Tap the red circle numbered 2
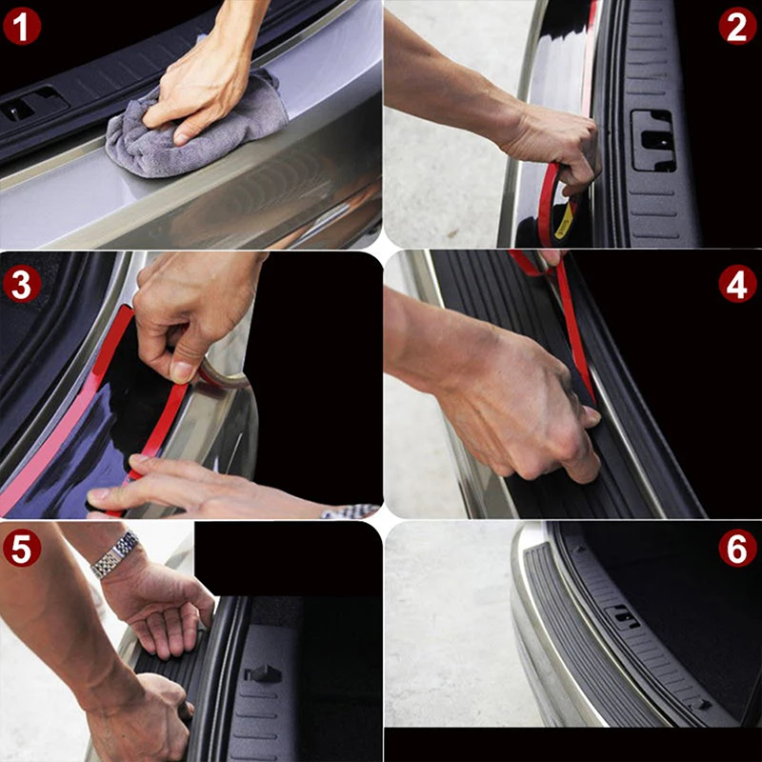pos(737,26)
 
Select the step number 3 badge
pos(22,284)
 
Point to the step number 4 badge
pos(737,284)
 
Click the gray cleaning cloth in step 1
pos(194,131)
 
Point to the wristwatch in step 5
pos(114,554)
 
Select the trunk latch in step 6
pos(622,617)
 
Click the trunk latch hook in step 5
pos(263,673)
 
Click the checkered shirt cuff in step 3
pos(351,511)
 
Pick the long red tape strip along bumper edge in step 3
pos(68,413)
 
